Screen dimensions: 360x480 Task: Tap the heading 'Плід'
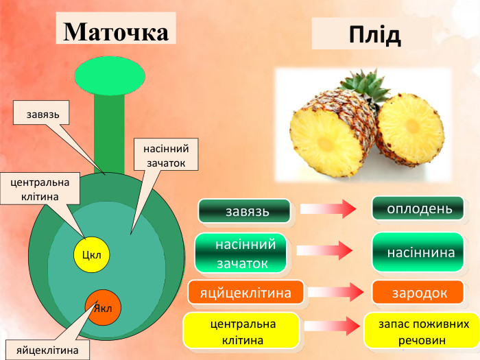click(x=374, y=34)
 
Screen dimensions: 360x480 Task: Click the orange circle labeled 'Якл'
click(x=104, y=307)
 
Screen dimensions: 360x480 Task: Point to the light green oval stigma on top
click(x=110, y=75)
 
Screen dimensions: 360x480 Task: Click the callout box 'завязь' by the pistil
click(x=41, y=113)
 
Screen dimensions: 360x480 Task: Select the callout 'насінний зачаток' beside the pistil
click(x=167, y=156)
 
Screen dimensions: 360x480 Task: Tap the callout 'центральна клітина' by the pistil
click(x=40, y=190)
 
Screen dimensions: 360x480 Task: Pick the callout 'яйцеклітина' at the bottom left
click(x=48, y=350)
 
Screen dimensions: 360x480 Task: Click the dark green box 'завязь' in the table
click(x=244, y=211)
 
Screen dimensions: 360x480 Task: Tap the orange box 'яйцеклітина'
click(x=245, y=293)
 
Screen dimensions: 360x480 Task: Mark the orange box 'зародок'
click(x=418, y=293)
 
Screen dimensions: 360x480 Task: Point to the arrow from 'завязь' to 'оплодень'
click(x=328, y=208)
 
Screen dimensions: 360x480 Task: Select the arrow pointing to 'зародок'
click(x=335, y=293)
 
